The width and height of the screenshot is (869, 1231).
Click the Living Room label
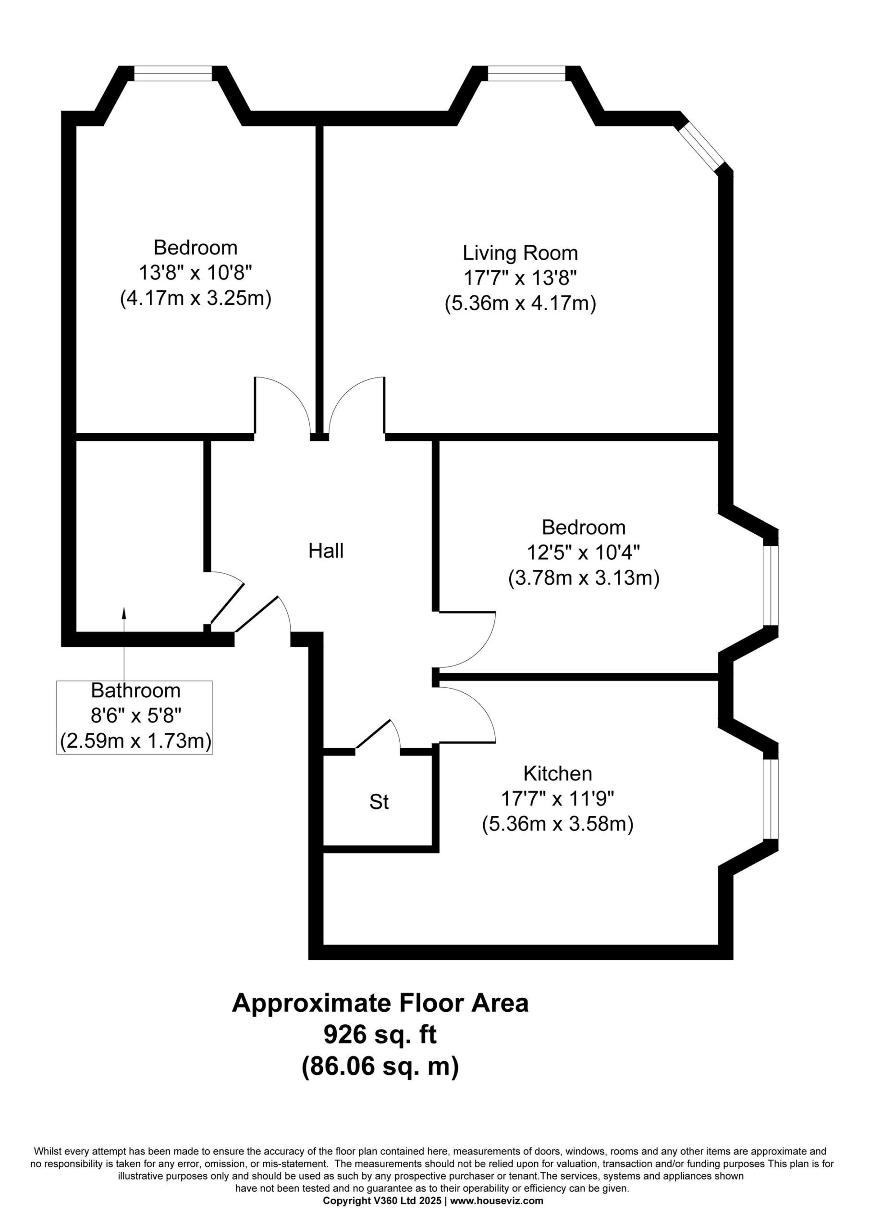click(x=520, y=252)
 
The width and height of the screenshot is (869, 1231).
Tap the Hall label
click(x=326, y=551)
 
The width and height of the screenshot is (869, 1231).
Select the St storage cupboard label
click(x=379, y=802)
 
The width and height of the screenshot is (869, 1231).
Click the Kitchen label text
click(x=558, y=774)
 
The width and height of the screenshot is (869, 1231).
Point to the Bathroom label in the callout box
click(x=135, y=691)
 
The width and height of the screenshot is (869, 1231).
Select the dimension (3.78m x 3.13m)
click(x=584, y=578)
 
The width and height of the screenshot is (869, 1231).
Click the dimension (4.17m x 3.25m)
click(x=196, y=298)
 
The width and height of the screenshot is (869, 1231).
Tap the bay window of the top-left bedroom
click(x=172, y=74)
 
